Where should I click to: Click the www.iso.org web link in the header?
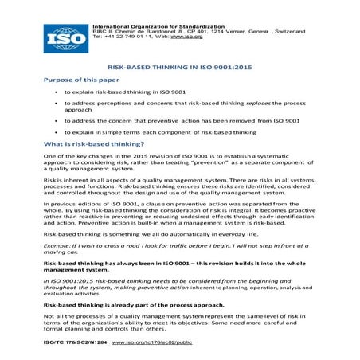pyautogui.click(x=181, y=37)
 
